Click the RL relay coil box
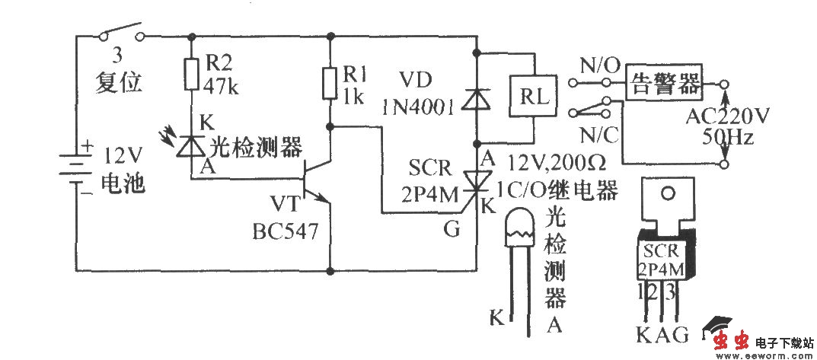(531, 97)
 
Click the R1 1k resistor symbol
(330, 83)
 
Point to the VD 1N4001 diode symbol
(477, 99)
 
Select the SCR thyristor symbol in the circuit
(477, 180)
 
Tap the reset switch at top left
(121, 34)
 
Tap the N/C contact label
(599, 135)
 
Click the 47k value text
(222, 87)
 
